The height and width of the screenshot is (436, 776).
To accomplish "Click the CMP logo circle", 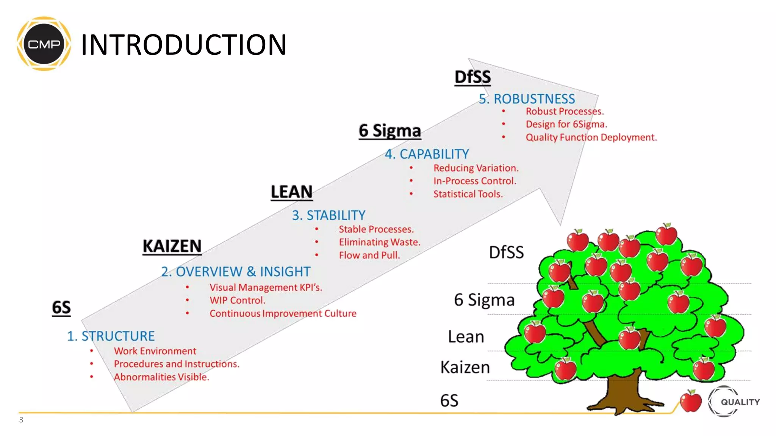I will (x=44, y=44).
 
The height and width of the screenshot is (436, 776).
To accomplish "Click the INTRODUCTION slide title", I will (x=183, y=45).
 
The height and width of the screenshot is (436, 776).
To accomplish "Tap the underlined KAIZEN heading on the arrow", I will (x=172, y=246).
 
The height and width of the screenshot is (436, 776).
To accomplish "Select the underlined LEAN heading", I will (x=291, y=192).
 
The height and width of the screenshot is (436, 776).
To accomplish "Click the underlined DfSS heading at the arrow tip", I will (x=472, y=77).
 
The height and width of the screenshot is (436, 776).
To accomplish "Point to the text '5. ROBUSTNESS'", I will (x=527, y=99).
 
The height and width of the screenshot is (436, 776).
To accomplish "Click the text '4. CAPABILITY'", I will (x=427, y=154).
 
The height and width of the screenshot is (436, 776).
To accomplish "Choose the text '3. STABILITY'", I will (x=329, y=215).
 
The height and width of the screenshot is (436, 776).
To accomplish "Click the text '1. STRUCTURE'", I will (x=111, y=336).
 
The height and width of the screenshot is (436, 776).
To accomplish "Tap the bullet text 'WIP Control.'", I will (x=238, y=301).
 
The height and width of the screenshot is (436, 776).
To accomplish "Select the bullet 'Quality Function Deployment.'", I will (x=591, y=137).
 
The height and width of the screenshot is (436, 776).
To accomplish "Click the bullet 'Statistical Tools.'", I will (x=468, y=194).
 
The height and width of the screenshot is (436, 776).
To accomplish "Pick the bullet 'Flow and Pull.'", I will (x=369, y=255).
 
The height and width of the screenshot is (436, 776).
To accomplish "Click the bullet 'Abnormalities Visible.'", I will (x=161, y=377).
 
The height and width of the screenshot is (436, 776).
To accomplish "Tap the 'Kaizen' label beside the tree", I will (x=465, y=367).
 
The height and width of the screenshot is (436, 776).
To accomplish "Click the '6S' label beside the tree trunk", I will (x=449, y=401).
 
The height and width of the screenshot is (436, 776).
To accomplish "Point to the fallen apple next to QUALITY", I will (x=690, y=402).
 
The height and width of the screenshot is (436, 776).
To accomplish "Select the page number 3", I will (x=21, y=420).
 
